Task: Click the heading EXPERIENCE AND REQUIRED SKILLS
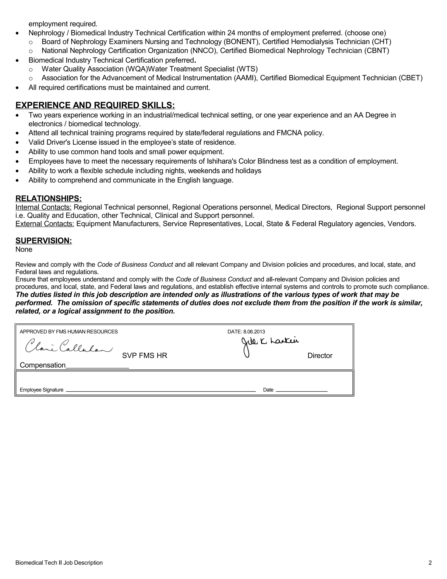coord(95,105)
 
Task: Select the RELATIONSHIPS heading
coord(48,198)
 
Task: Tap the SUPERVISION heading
coord(44,241)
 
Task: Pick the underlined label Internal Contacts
coord(43,207)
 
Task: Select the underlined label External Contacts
coord(45,224)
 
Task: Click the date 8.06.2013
coord(254,332)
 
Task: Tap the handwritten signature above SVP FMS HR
coord(68,346)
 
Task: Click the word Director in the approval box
coord(320,355)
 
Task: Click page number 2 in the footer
coord(430,563)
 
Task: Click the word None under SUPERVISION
coord(24,249)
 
